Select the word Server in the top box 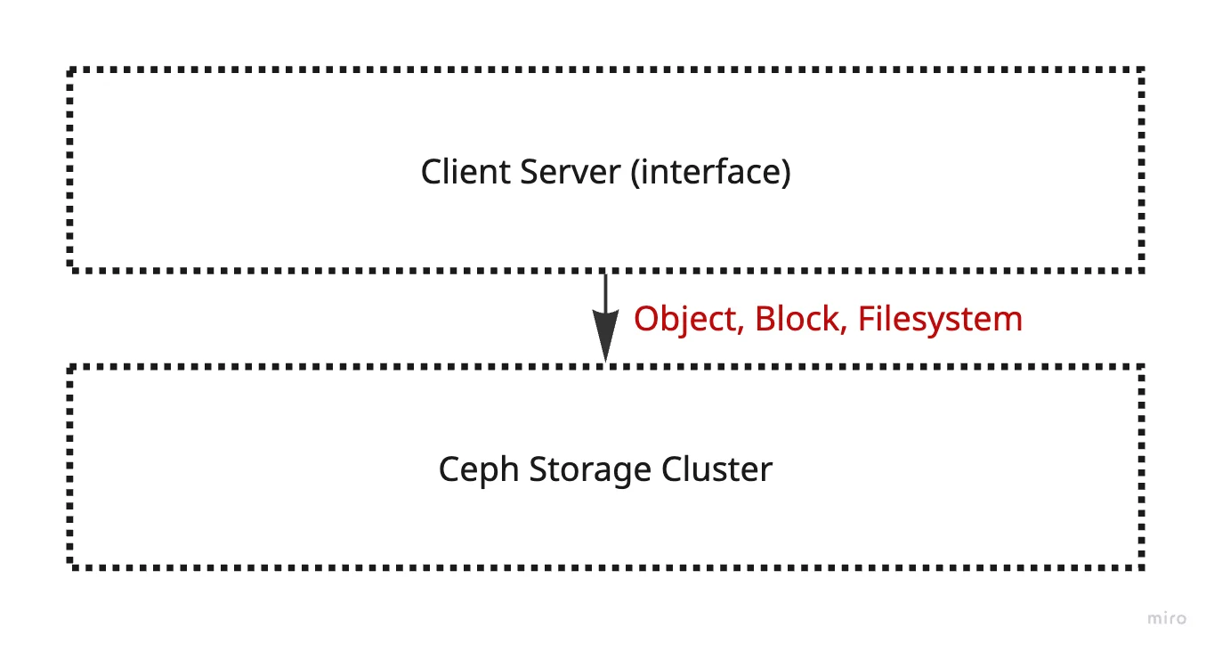point(569,171)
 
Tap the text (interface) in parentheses point(710,171)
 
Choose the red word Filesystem point(940,319)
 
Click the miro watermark point(1166,618)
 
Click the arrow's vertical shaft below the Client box point(605,294)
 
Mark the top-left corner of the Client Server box point(70,69)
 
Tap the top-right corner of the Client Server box point(1141,69)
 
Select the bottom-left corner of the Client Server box point(70,268)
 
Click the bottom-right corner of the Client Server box point(1141,268)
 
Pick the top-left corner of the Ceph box point(70,366)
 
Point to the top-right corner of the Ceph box point(1141,366)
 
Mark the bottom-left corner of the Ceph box point(70,566)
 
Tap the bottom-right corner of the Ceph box point(1141,566)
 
